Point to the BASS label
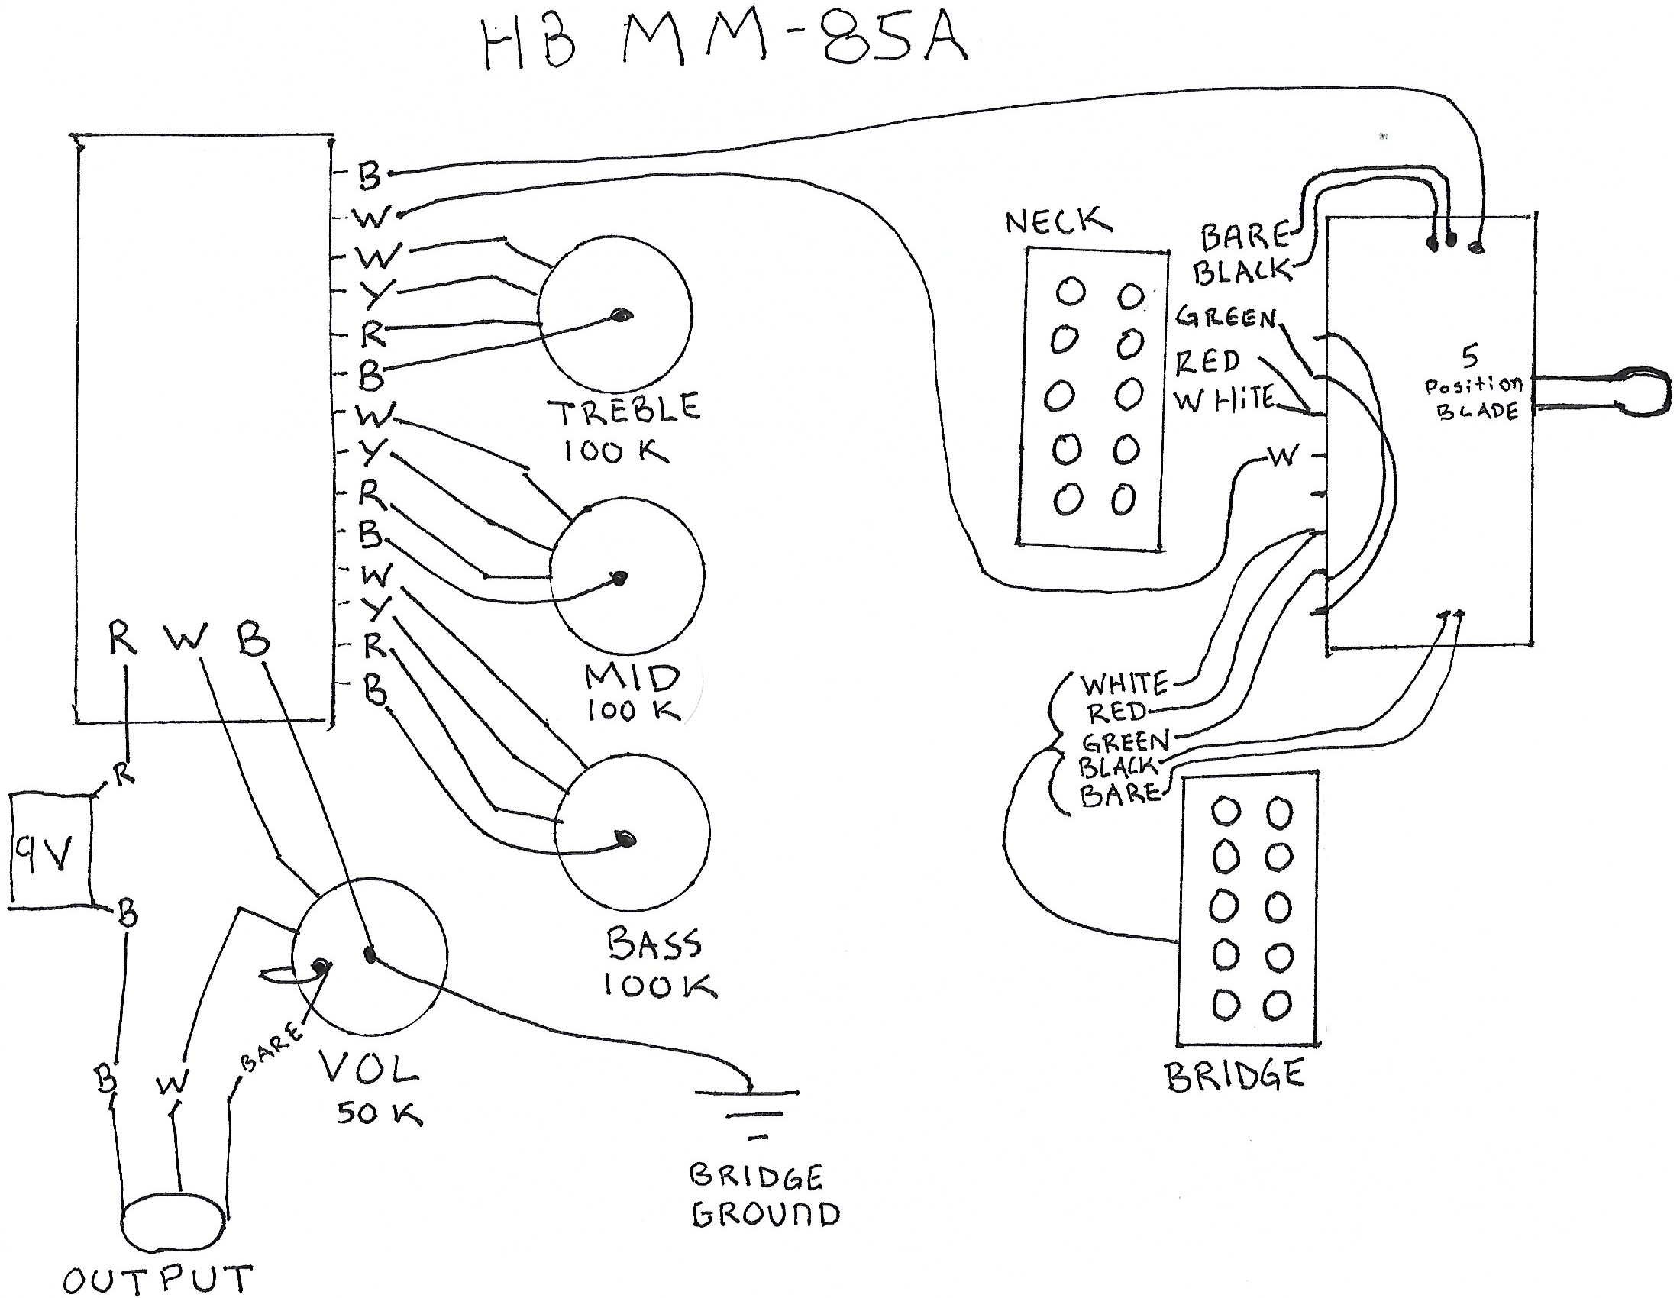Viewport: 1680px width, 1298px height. tap(654, 944)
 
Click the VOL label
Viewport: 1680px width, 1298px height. tap(370, 1067)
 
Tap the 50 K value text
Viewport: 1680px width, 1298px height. tap(379, 1112)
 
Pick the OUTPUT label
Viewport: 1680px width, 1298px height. tap(158, 1279)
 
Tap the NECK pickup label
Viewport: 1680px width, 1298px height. tap(1058, 221)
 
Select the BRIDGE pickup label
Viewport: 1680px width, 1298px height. tap(1236, 1075)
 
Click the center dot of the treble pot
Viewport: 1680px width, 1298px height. tap(622, 315)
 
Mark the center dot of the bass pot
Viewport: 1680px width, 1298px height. tap(628, 839)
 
